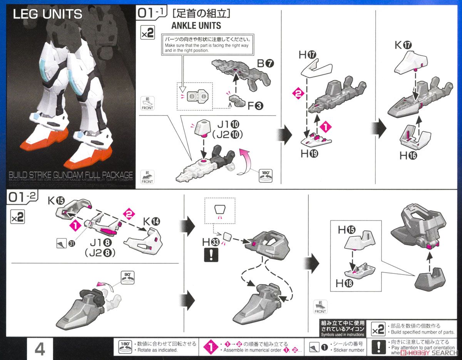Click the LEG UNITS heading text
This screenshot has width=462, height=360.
(x=47, y=14)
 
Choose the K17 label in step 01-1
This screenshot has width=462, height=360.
(x=403, y=45)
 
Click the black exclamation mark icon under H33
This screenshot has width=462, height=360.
(x=211, y=255)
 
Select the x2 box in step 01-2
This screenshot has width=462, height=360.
(x=18, y=216)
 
